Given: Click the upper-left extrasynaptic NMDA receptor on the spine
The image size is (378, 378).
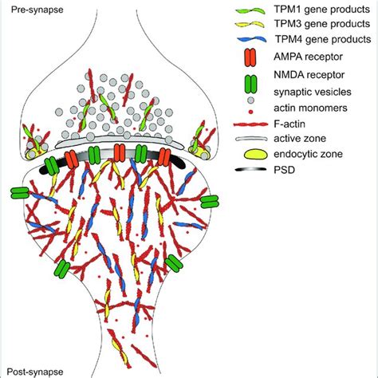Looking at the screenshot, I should point(18,193).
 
